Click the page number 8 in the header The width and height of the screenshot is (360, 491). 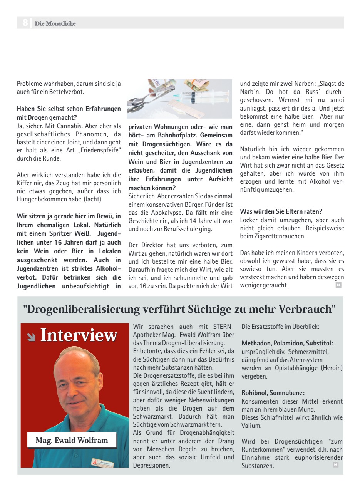tap(25, 23)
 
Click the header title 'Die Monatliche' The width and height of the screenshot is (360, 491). tap(55, 23)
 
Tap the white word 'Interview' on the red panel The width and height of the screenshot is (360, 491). tap(79, 335)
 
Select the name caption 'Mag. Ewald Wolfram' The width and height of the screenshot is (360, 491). tap(72, 440)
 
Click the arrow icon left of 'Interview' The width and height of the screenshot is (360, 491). tap(31, 337)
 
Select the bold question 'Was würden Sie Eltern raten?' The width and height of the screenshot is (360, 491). tap(281, 211)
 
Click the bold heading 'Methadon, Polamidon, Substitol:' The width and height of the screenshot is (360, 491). tap(288, 343)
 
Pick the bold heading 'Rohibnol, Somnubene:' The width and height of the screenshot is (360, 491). tap(273, 393)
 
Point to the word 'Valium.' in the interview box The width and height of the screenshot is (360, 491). tap(251, 426)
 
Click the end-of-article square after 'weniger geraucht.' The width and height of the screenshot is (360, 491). tap(338, 285)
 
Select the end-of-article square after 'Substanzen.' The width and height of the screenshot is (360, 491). tap(335, 465)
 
